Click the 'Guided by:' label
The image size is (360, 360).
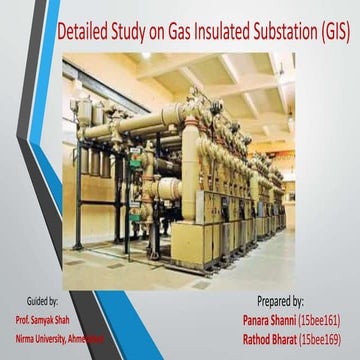coord(39,300)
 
